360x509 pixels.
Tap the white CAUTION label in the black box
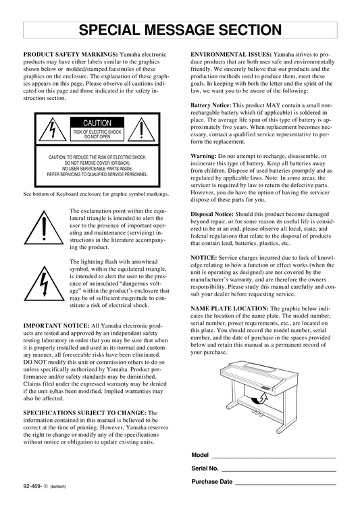pos(97,123)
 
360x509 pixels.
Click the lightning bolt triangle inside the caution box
pos(52,130)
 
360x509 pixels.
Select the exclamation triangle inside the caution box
pos(141,130)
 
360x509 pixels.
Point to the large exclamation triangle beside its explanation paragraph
pos(44,227)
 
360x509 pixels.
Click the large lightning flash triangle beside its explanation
pos(44,284)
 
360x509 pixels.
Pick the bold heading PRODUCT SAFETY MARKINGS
pos(70,54)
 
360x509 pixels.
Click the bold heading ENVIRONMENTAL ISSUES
pos(231,54)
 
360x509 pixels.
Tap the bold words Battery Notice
pos(211,105)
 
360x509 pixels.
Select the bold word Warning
pos(203,156)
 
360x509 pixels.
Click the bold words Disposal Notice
pos(212,214)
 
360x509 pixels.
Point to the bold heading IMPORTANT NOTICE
pos(56,325)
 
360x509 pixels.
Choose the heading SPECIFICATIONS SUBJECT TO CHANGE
pos(85,413)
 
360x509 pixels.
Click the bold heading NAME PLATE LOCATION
pos(230,309)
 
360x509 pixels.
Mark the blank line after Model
pos(274,458)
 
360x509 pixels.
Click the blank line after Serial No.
pos(279,471)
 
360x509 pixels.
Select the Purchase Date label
pos(212,482)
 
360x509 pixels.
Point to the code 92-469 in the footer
pos(32,486)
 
